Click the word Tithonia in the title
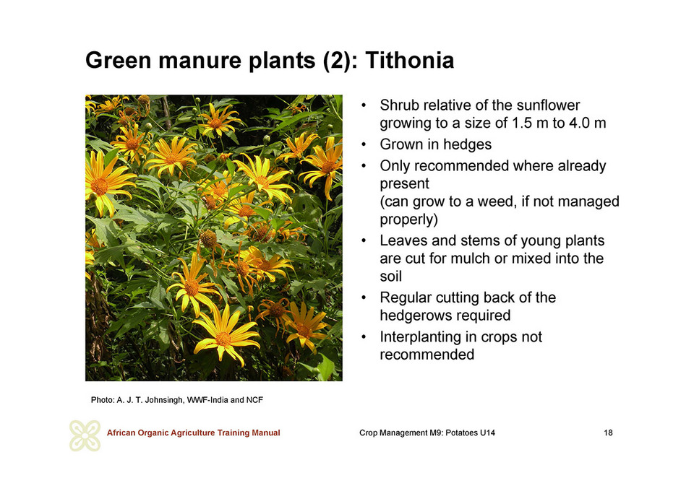(409, 60)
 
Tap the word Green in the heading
(118, 60)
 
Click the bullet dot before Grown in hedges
(364, 144)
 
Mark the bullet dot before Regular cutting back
(364, 297)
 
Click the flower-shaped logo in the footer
(85, 435)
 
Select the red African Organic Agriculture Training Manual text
(194, 433)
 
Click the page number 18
(608, 433)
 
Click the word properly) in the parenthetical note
(409, 220)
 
